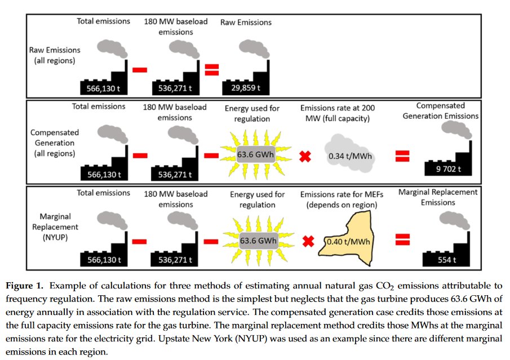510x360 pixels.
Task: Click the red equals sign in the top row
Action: click(212, 69)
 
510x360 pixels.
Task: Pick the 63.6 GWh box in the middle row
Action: click(256, 154)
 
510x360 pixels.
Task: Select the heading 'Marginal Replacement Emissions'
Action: click(438, 197)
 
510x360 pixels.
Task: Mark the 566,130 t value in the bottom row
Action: click(102, 260)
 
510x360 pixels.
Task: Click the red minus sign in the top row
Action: click(140, 69)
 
